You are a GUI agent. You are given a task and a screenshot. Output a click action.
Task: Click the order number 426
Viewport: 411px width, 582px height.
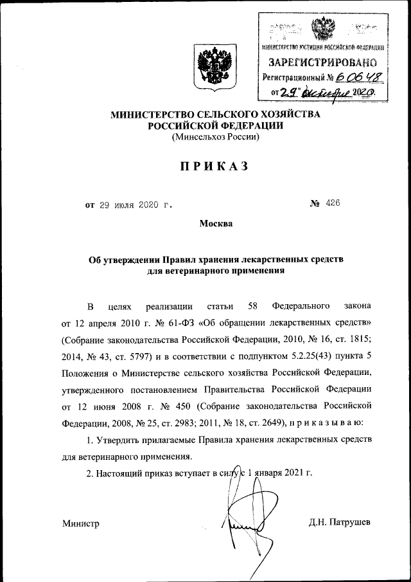(x=332, y=204)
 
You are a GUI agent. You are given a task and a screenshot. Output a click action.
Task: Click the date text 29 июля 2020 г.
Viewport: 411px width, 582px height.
(x=135, y=205)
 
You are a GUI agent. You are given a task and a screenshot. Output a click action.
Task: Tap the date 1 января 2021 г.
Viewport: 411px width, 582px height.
(x=277, y=473)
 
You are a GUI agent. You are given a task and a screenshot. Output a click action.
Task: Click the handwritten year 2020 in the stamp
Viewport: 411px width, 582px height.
(x=363, y=93)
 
